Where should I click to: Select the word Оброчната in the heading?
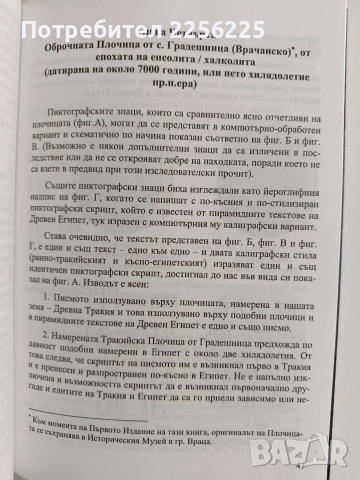[x=96, y=47]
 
